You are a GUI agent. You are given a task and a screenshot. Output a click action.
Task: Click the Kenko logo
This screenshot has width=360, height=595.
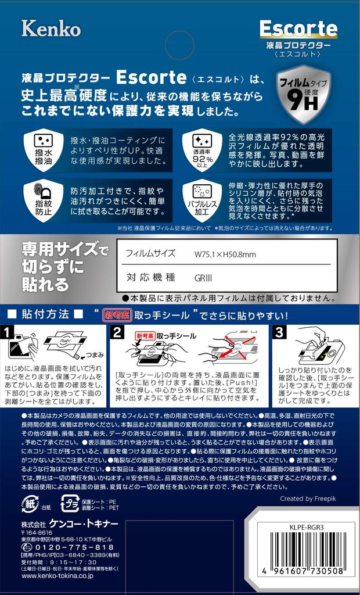click(x=51, y=28)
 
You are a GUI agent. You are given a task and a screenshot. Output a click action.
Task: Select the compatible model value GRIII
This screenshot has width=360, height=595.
click(x=203, y=278)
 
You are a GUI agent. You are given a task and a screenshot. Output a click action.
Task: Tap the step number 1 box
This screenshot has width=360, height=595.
click(x=8, y=332)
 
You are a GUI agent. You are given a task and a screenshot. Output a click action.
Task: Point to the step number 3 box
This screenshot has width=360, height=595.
click(x=279, y=332)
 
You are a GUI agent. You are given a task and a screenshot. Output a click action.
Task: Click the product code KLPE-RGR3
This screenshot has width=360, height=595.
click(x=303, y=526)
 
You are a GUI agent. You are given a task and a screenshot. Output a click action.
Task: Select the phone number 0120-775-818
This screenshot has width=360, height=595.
click(x=74, y=547)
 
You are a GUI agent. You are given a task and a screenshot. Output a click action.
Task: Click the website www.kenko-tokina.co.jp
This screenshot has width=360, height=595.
click(x=57, y=576)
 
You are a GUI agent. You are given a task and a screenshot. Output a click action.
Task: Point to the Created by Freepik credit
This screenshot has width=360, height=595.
click(x=308, y=499)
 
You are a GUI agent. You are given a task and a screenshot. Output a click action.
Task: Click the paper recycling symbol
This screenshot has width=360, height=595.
click(x=31, y=503)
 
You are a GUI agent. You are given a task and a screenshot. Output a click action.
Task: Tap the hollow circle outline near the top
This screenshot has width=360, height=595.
click(x=180, y=45)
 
